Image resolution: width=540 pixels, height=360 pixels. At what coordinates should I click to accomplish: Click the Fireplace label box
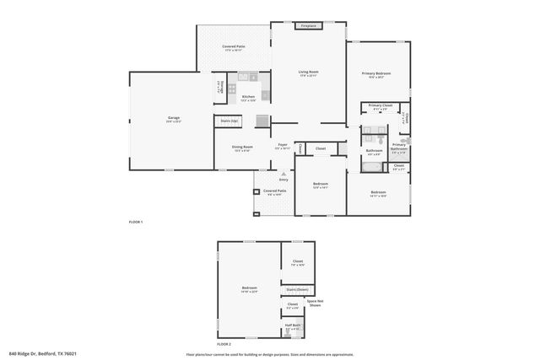coord(307,26)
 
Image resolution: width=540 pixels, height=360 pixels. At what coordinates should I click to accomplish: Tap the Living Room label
coord(308,73)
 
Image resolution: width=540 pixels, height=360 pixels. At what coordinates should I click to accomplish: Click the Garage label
coord(174,117)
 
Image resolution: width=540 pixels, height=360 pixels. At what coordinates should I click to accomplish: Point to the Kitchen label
coord(248,97)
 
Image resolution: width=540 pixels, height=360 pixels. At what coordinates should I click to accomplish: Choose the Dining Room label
coord(243,148)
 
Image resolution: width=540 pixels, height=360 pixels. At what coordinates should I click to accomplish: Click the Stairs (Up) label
coord(229,121)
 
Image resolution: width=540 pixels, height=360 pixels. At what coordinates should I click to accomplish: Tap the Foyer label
coord(283,145)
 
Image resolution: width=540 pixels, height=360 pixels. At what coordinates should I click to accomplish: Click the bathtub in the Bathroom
coord(373,167)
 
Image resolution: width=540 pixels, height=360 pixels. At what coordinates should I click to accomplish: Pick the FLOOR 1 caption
coord(136,222)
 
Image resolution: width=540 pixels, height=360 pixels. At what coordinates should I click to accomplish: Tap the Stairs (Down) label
coord(296,289)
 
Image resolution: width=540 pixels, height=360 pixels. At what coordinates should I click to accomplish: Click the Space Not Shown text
coord(315,304)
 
